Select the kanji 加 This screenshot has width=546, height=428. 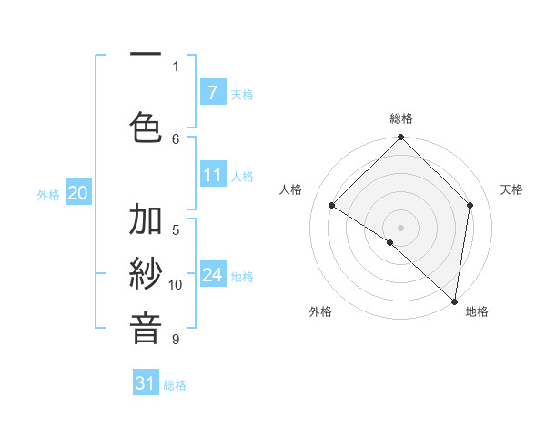[x=146, y=220]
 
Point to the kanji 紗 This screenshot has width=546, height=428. [x=146, y=274]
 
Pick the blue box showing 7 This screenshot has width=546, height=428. [x=212, y=92]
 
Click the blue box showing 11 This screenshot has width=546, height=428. [x=212, y=175]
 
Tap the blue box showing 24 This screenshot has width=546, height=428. [x=212, y=275]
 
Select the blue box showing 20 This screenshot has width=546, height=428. [x=78, y=192]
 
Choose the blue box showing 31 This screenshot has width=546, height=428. [x=146, y=383]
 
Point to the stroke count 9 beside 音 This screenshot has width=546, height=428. [x=176, y=340]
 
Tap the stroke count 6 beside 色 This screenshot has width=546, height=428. [x=176, y=138]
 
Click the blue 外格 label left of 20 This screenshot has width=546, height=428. [x=48, y=194]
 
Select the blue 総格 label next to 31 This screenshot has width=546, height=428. [x=175, y=385]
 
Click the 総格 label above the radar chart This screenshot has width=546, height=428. [x=400, y=119]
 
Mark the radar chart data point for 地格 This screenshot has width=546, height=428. [x=455, y=301]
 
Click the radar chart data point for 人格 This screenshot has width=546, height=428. [x=332, y=206]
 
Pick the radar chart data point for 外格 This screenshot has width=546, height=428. [x=390, y=242]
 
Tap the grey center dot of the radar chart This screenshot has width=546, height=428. [x=400, y=227]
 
